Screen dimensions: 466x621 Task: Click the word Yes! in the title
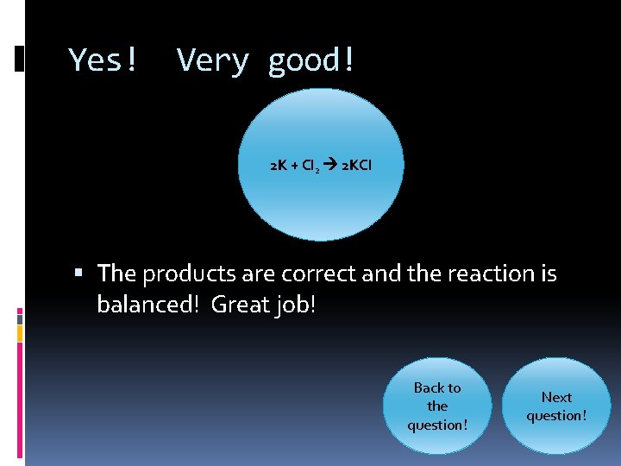pos(103,60)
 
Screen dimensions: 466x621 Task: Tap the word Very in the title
pos(212,60)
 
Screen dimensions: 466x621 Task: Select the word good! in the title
pos(311,60)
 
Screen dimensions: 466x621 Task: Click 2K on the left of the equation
pos(279,165)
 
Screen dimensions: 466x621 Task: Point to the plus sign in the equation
pos(294,165)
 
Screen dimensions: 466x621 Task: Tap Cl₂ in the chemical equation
pos(311,166)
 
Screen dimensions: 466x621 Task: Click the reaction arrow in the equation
pos(331,165)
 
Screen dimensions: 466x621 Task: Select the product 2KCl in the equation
pos(357,165)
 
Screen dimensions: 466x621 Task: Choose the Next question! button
pos(556,406)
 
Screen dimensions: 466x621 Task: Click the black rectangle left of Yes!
pos(20,59)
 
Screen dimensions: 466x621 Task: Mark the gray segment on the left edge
pos(20,318)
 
